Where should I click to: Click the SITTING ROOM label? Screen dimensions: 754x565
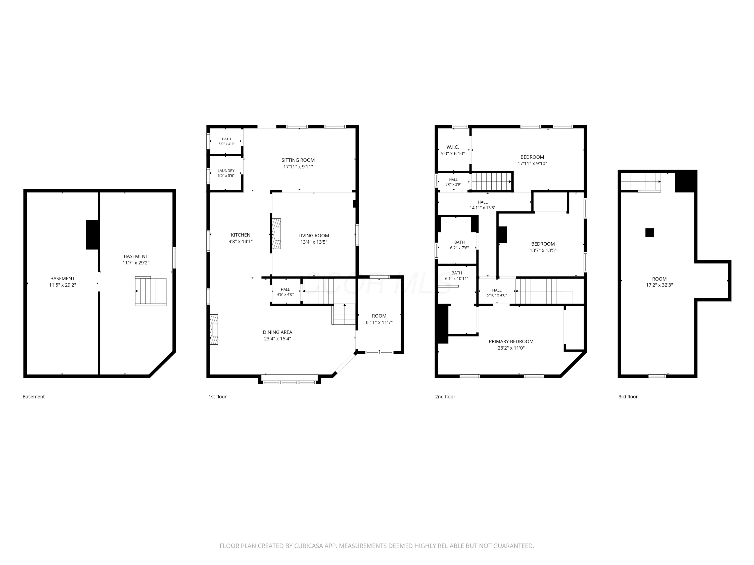pos(298,160)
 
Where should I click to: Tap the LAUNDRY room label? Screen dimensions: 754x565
pos(226,171)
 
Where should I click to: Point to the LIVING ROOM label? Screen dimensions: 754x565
pos(314,236)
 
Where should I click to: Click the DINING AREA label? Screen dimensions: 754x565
pos(277,332)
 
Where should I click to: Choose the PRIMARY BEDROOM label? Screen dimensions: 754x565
pos(511,342)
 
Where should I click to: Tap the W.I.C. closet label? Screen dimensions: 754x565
pos(452,147)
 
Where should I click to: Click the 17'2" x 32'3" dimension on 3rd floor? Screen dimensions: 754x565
pos(659,285)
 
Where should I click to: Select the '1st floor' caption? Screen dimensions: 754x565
pos(217,397)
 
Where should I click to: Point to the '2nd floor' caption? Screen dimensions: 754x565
pos(445,397)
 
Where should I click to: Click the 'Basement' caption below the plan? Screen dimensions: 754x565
pos(33,397)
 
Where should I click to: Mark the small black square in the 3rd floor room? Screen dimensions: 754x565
pos(650,233)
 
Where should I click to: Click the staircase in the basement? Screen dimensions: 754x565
pos(151,291)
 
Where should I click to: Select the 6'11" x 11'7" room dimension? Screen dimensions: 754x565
pos(379,322)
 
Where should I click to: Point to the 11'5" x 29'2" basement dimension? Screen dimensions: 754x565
pos(62,285)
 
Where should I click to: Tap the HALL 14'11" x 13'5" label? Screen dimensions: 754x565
pos(482,205)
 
